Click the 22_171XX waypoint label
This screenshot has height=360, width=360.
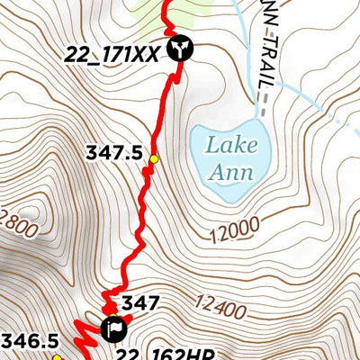112,53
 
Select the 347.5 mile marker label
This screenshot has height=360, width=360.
115,153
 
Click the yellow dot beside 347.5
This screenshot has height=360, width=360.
154,159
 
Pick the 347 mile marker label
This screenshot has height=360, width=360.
140,303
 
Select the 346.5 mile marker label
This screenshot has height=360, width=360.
29,340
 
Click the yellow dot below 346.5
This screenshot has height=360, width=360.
56,356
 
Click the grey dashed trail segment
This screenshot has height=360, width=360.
262,106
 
